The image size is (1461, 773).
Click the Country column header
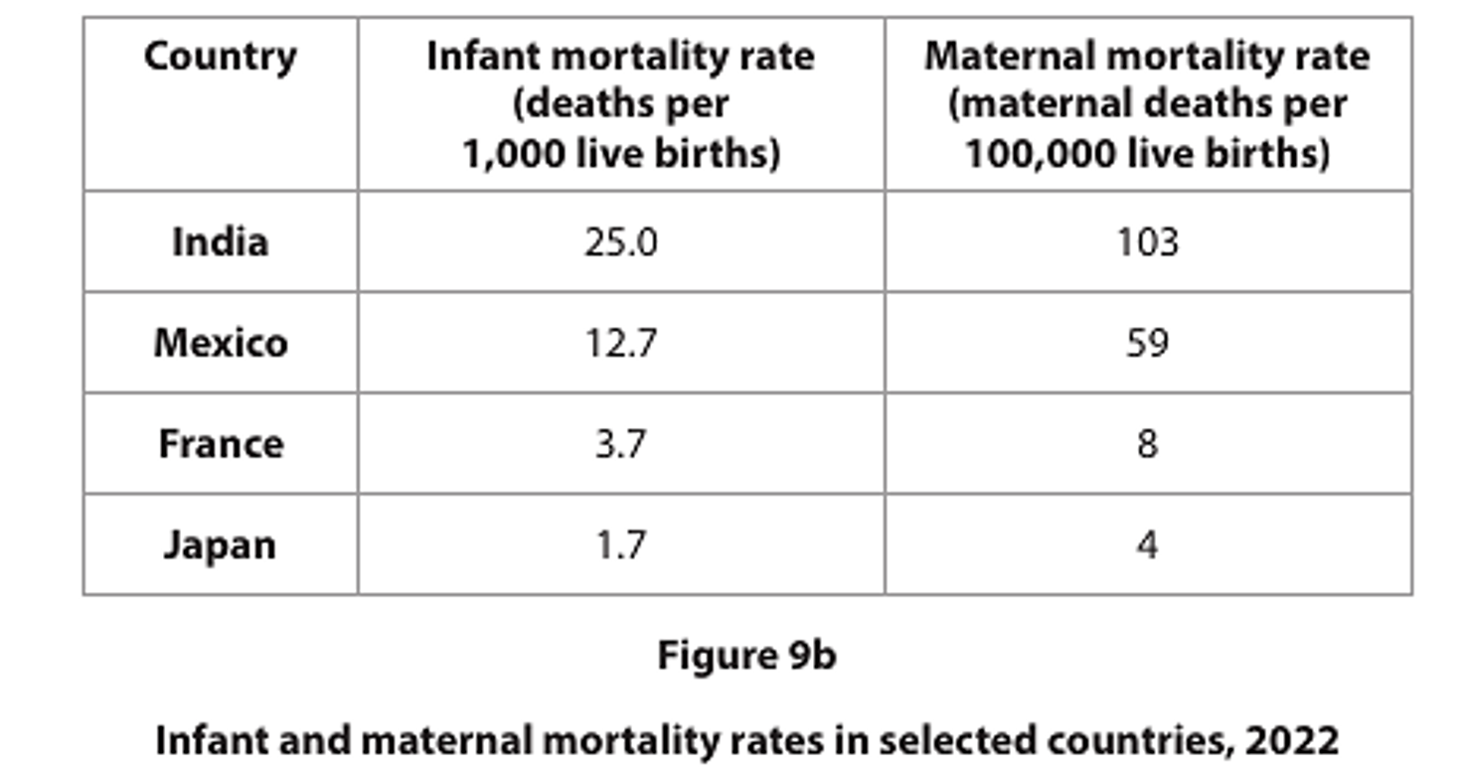tap(220, 57)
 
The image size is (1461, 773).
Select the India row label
tap(220, 241)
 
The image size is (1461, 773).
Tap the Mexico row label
tap(221, 343)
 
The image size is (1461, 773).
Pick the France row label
tap(221, 443)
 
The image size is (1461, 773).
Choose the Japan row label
tap(220, 545)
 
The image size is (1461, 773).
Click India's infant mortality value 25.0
tap(620, 242)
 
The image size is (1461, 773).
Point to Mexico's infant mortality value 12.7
tap(620, 343)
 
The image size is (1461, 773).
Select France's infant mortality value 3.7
tap(620, 444)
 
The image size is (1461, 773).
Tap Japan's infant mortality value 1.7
tap(620, 545)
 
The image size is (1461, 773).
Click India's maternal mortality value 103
tap(1147, 242)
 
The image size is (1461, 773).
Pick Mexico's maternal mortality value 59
tap(1147, 343)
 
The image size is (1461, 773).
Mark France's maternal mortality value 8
tap(1147, 444)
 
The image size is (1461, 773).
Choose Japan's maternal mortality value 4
tap(1147, 545)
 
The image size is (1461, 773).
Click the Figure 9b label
tap(746, 656)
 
